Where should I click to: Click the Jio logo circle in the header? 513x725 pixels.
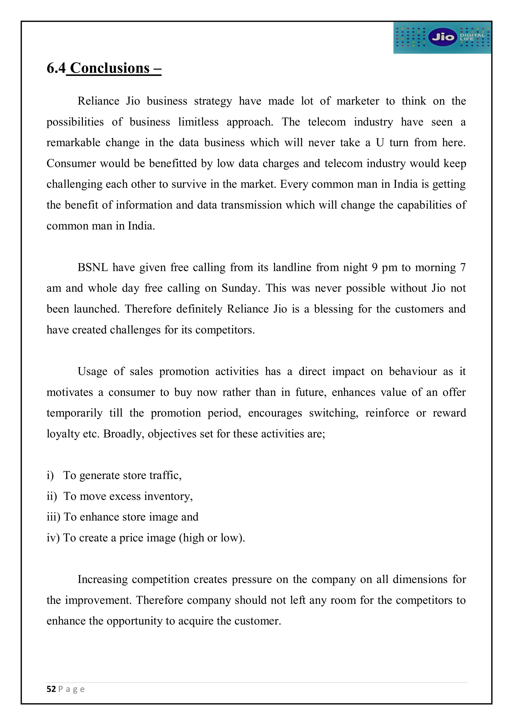(x=443, y=37)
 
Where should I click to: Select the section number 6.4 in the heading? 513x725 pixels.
(x=56, y=68)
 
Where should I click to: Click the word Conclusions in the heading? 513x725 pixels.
(x=110, y=68)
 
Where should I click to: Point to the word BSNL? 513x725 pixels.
(x=92, y=268)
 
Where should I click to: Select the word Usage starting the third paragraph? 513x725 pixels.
(x=92, y=372)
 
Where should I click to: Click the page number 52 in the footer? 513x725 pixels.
(x=51, y=689)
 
